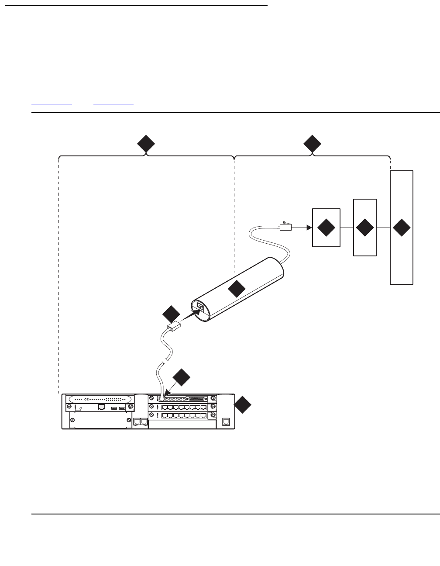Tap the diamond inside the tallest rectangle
click(x=402, y=228)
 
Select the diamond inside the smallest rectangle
click(x=326, y=228)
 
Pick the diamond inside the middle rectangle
click(x=364, y=228)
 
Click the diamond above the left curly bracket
click(x=146, y=144)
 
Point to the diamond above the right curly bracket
click(x=313, y=144)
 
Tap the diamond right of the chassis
click(x=243, y=405)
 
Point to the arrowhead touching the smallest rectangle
click(x=309, y=228)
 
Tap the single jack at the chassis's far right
click(x=226, y=422)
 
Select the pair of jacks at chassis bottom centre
click(x=141, y=422)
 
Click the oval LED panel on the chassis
click(x=101, y=399)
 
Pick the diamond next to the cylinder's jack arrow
click(x=171, y=314)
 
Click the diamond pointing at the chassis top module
click(x=182, y=378)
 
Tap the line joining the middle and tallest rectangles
click(x=383, y=228)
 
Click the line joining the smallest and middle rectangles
click(x=346, y=228)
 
